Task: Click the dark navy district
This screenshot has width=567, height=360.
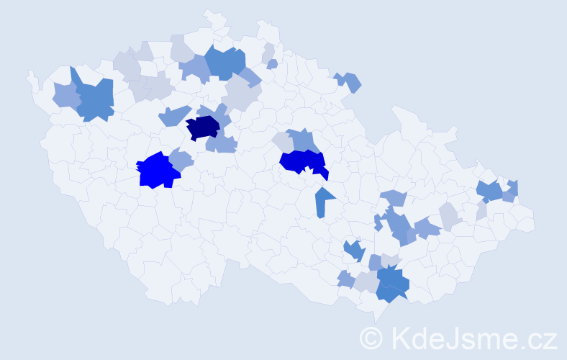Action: click(203, 127)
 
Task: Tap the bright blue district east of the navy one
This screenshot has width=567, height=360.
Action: click(302, 162)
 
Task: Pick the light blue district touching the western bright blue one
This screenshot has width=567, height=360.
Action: click(181, 160)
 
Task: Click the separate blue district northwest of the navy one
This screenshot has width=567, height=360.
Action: click(173, 115)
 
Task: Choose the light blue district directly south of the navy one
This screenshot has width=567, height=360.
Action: click(222, 144)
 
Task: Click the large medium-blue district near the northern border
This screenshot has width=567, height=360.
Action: click(225, 63)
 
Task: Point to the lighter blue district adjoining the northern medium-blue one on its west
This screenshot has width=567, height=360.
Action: click(194, 68)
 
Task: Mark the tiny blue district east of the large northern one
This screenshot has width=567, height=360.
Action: click(272, 64)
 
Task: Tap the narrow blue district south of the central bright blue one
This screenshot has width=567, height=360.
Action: click(323, 202)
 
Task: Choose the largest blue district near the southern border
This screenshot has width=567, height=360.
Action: click(391, 283)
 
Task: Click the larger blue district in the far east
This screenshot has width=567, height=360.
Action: click(490, 191)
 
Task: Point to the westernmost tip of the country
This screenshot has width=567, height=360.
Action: click(28, 73)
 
